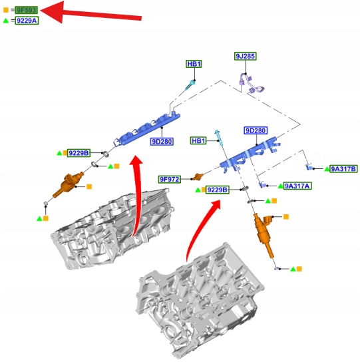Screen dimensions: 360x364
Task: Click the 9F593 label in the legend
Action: point(26,10)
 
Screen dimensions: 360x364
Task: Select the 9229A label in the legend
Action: point(27,21)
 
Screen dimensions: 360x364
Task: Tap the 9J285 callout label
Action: point(246,56)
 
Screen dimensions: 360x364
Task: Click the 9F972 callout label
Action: point(170,179)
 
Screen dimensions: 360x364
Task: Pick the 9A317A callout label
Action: point(297,186)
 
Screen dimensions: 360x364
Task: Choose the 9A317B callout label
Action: point(343,169)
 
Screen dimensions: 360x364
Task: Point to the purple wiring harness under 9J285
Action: point(251,84)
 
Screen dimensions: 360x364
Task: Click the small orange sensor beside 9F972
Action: point(198,177)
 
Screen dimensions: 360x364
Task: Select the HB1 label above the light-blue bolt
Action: point(194,64)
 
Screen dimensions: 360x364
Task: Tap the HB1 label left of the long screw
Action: point(198,140)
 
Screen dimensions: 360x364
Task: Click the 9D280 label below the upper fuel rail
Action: point(162,141)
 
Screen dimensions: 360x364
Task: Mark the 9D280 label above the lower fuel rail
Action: point(256,130)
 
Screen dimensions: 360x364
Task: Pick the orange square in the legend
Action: point(6,10)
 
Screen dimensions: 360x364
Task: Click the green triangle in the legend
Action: point(6,21)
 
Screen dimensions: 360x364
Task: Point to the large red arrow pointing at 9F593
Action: point(91,13)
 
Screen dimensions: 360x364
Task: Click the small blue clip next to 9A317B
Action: point(309,166)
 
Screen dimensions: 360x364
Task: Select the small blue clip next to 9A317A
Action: point(262,184)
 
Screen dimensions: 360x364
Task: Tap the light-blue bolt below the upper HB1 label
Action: point(190,85)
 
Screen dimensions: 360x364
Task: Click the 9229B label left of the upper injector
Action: point(79,153)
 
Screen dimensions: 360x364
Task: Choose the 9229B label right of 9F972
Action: point(217,190)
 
